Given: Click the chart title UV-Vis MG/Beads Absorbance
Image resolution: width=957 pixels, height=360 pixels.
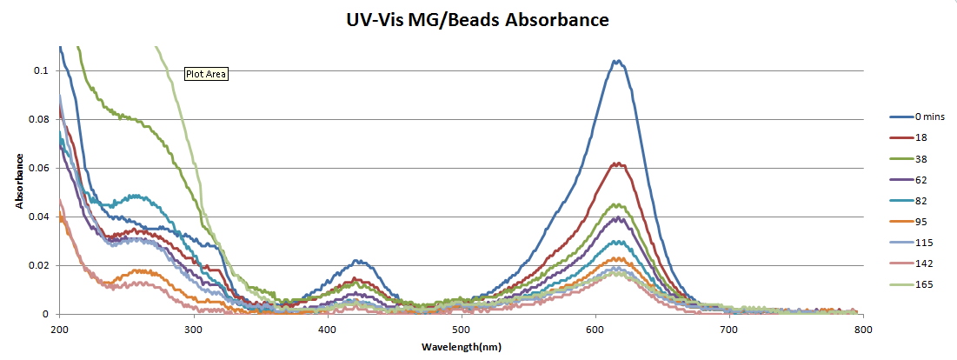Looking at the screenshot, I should (477, 18).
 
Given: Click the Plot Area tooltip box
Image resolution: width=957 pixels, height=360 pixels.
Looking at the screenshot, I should (206, 74).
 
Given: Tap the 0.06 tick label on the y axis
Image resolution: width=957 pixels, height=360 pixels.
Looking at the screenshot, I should (40, 168).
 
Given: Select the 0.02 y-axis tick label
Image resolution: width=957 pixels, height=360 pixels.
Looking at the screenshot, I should (40, 265).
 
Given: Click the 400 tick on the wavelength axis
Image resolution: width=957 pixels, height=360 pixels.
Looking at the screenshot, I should (328, 330).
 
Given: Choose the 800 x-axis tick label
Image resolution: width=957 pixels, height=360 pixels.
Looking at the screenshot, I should (863, 330).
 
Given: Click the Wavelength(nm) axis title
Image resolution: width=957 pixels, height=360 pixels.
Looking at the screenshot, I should (462, 347).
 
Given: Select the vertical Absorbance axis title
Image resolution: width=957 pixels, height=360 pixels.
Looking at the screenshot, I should (18, 181).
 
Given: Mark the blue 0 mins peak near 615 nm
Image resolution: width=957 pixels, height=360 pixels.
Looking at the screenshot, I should (617, 61).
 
